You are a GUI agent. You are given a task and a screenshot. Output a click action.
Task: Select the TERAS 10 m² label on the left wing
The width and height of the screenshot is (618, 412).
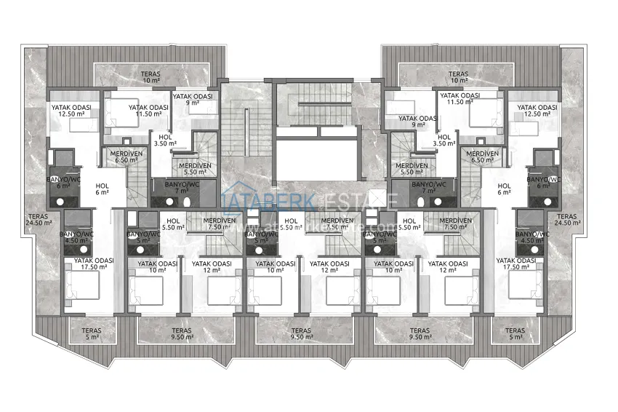tap(151, 77)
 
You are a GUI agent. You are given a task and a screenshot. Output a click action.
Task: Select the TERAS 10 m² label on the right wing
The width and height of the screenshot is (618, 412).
tap(457, 77)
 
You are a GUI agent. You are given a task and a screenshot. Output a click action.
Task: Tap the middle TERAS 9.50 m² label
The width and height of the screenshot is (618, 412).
tap(301, 334)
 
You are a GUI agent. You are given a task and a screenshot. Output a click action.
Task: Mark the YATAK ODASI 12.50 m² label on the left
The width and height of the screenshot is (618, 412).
tap(71, 111)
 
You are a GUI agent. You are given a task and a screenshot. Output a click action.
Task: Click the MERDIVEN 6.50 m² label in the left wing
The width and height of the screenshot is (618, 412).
tap(121, 158)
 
